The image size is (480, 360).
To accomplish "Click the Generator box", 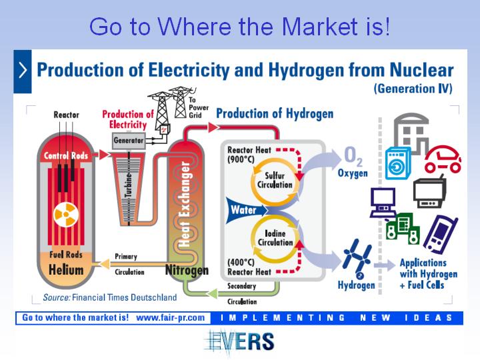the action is click(x=129, y=141).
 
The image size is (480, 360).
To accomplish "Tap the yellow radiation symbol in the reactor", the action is click(x=66, y=215).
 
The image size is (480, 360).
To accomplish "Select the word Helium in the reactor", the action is click(x=66, y=270).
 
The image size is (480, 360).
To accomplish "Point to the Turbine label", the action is click(x=129, y=185).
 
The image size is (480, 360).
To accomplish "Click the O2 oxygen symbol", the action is click(x=353, y=155).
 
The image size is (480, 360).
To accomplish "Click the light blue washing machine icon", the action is click(x=397, y=163).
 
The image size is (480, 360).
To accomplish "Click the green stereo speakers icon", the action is click(x=402, y=229).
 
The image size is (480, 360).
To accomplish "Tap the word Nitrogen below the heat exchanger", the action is click(x=187, y=270).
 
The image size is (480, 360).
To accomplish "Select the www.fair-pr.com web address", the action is click(x=170, y=318).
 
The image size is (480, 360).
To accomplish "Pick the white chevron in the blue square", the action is click(x=23, y=70).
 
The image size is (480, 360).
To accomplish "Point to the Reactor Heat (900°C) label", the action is click(x=249, y=155).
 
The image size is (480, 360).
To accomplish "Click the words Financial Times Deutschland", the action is click(x=124, y=297).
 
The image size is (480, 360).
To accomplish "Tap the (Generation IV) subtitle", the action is click(x=413, y=89).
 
